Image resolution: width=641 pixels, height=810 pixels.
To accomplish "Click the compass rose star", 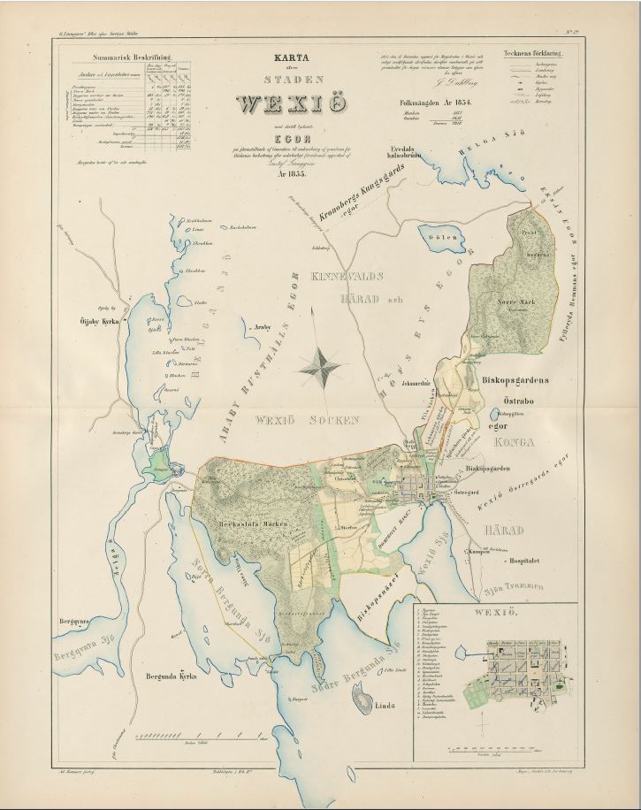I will click(x=321, y=363).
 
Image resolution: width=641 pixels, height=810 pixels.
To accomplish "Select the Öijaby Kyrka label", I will click(x=99, y=322).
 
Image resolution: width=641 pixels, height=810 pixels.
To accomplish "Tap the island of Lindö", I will click(x=364, y=703).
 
